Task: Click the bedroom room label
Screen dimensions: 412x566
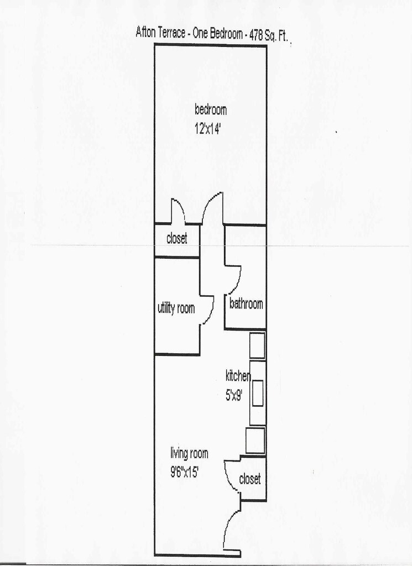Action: coord(210,109)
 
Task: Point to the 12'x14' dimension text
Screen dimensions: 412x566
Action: coord(207,129)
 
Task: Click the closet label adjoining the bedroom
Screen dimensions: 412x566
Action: coord(176,239)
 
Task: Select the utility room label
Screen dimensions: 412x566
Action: coord(176,308)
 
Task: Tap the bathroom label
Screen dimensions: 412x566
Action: coord(246,303)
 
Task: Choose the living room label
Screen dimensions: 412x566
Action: coord(189,454)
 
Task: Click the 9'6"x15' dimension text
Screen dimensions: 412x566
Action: coord(185,473)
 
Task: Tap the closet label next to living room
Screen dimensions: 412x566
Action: coord(249,479)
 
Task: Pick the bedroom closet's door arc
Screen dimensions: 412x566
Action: coord(178,209)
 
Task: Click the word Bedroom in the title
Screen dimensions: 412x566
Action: coord(225,33)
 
